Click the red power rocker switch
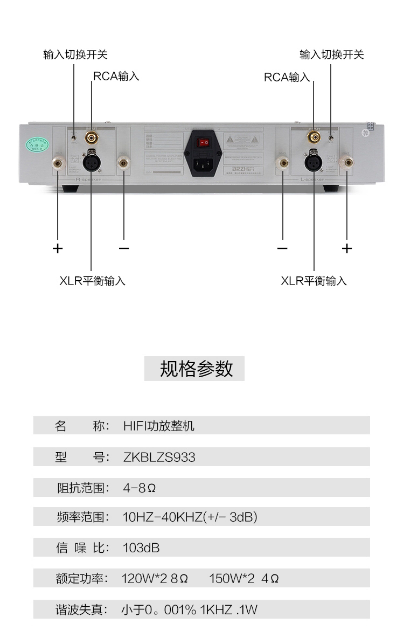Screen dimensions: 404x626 203,142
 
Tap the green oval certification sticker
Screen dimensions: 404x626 37,145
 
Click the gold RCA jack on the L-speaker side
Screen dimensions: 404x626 314,137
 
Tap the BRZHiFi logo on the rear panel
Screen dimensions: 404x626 243,169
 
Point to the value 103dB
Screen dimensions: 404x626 141,548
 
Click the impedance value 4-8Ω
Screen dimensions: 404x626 139,488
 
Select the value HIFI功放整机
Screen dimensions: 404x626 159,426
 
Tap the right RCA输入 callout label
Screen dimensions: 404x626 287,77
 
